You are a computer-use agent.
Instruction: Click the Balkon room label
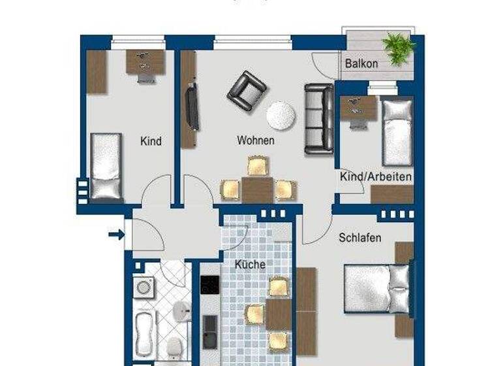point(361,64)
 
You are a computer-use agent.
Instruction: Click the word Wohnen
point(255,140)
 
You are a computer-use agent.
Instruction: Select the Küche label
point(250,265)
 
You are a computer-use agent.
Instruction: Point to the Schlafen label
point(359,238)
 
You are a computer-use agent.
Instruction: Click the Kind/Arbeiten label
point(375,176)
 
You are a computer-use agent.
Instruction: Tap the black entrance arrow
point(117,233)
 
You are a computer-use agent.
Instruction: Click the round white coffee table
point(281,116)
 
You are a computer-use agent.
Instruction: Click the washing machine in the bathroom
point(144,286)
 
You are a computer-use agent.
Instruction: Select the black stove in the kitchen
point(209,285)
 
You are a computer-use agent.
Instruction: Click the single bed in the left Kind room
point(106,166)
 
